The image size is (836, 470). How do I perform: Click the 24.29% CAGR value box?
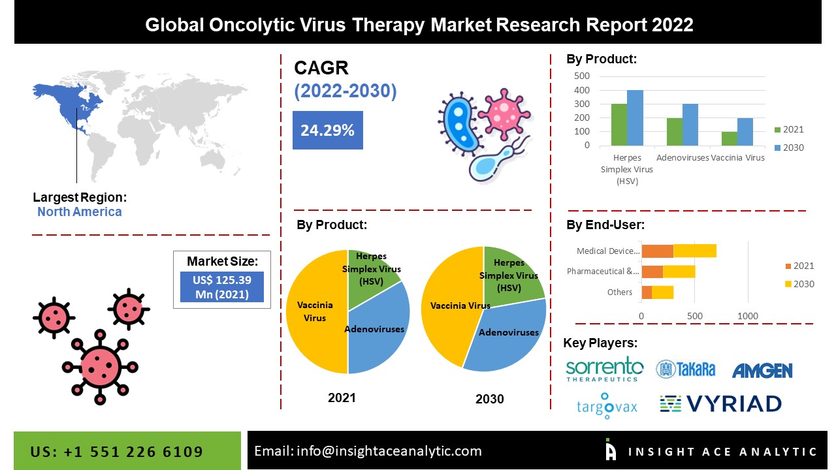coord(327,130)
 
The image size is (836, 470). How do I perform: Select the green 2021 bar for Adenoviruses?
coord(674,132)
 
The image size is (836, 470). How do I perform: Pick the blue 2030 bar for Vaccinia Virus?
coord(745,132)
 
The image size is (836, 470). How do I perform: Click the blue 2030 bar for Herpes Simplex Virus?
coord(635,118)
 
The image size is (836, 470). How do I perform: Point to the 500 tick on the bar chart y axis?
coord(581,76)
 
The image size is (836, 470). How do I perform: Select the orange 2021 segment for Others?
coord(647,292)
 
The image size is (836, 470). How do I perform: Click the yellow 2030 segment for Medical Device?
coord(694,251)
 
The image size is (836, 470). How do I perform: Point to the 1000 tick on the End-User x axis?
coord(748,317)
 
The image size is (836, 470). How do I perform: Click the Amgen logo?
coord(762,371)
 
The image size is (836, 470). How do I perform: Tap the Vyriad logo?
coord(720,404)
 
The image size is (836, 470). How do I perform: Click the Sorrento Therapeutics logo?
coord(604,369)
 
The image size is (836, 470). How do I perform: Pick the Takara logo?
coord(685,369)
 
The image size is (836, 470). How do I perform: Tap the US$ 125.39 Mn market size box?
coord(222,287)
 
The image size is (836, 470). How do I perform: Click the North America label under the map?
coord(79,211)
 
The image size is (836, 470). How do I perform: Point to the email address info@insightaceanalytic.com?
coord(368,451)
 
